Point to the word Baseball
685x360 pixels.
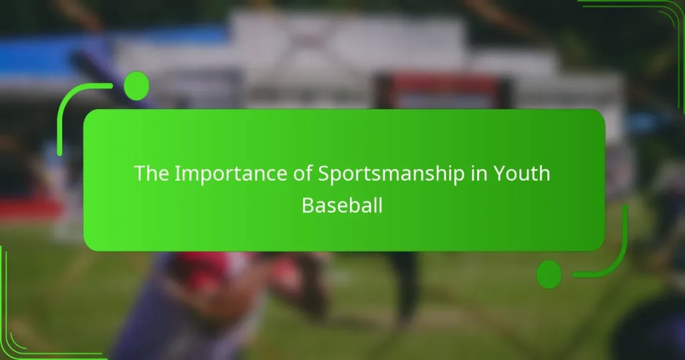pos(342,205)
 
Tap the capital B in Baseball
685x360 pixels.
pos(307,205)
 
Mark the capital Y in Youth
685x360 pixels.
pos(500,174)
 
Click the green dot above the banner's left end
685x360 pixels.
pos(136,85)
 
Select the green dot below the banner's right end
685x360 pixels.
pos(549,274)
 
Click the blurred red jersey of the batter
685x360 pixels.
pos(201,268)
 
